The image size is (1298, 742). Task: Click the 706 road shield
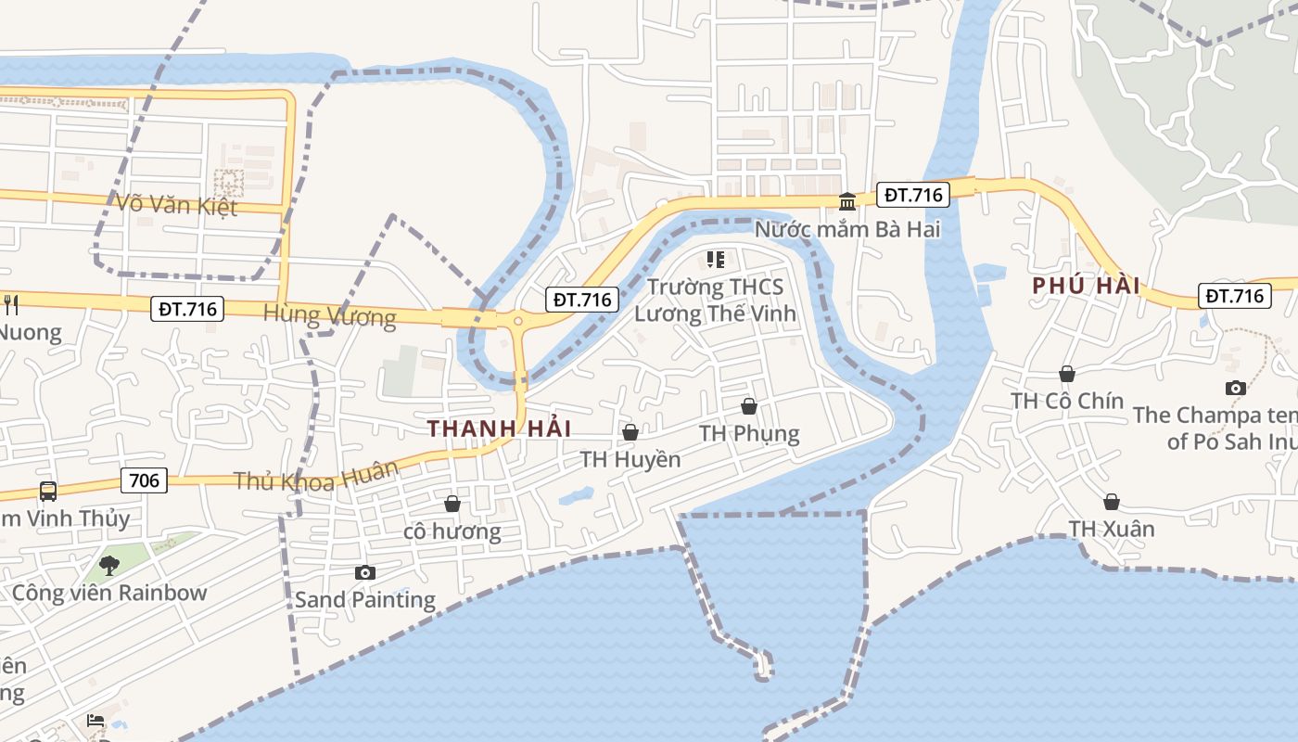(144, 480)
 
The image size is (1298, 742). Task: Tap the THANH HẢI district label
(499, 429)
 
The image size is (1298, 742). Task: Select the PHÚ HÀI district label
(1086, 286)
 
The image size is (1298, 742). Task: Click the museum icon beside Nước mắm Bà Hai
(847, 201)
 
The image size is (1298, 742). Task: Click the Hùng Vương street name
(329, 315)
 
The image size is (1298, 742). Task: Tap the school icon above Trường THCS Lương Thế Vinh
(715, 260)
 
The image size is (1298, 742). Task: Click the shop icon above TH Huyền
(630, 432)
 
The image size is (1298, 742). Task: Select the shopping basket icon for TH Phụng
(749, 406)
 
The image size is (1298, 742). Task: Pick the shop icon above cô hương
(452, 504)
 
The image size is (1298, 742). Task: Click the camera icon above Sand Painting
(365, 572)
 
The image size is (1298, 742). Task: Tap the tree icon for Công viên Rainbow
(109, 564)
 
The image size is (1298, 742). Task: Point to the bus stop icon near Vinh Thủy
(47, 491)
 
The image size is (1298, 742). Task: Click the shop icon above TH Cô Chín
(1067, 374)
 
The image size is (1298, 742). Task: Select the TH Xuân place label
(1112, 529)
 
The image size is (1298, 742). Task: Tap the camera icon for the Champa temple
(1235, 388)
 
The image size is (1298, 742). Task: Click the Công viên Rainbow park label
(109, 593)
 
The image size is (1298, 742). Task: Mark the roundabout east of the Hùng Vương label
(517, 322)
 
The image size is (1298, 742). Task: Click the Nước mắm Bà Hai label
(847, 228)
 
